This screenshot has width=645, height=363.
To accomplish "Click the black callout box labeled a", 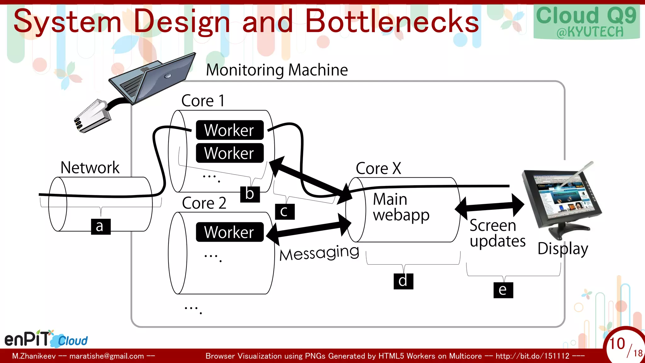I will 101,227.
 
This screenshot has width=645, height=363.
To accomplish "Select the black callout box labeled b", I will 250,194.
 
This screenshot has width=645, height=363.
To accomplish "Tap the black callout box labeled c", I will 284,211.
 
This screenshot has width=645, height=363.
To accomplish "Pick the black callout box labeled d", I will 403,281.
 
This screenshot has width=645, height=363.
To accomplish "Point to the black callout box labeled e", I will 503,290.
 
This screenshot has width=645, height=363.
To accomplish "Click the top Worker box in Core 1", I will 230,130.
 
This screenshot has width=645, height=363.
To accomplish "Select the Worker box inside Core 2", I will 230,232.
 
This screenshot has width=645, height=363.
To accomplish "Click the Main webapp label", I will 401,207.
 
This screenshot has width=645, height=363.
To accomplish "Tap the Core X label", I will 378,168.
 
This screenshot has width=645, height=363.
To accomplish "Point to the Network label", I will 90,167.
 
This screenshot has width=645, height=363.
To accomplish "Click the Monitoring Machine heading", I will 277,70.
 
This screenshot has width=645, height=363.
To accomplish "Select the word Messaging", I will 319,253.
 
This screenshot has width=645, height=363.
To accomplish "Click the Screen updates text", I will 497,233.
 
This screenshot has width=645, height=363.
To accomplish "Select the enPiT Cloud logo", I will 46,339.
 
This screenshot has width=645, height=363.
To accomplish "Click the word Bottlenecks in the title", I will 392,21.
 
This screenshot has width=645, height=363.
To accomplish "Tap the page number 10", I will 617,343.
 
